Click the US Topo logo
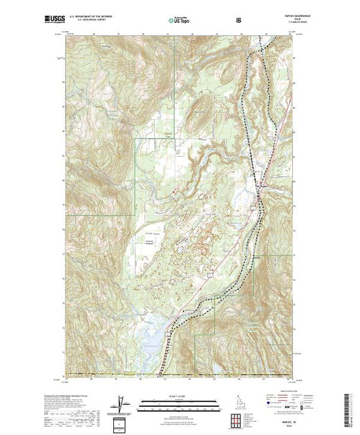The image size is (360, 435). pos(178,21)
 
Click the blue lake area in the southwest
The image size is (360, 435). pos(151,339)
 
